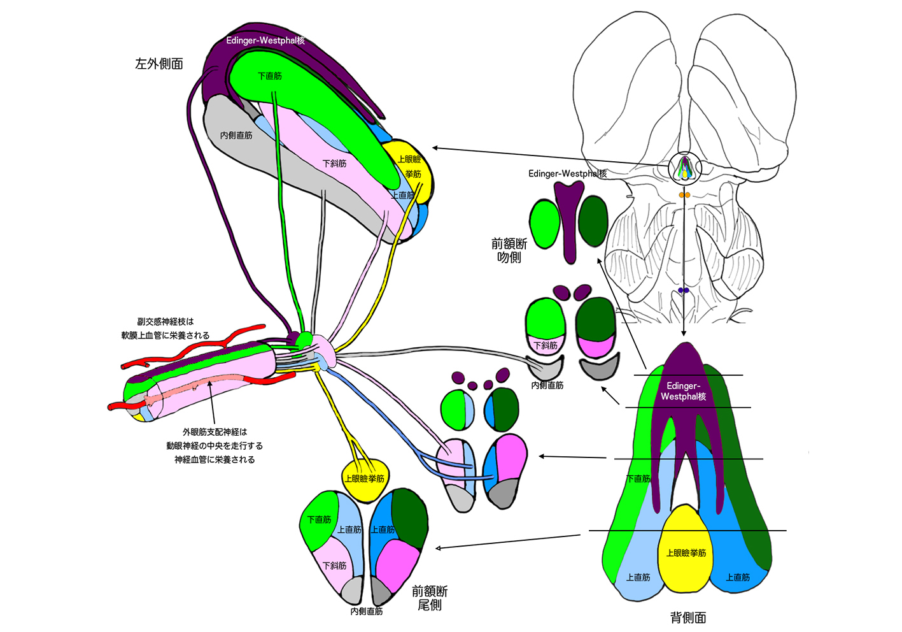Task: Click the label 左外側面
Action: [x=159, y=64]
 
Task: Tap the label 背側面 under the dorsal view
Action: [x=688, y=617]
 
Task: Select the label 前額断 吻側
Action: [x=509, y=250]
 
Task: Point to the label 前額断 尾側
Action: [x=430, y=598]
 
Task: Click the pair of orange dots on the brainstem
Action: [x=684, y=195]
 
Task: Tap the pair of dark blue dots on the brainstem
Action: [x=684, y=291]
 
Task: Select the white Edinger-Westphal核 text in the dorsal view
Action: [x=683, y=391]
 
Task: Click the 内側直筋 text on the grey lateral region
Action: [x=236, y=136]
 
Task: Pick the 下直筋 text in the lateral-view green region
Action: [x=269, y=76]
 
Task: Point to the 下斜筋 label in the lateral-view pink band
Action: [x=334, y=164]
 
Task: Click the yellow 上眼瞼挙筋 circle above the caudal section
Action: [x=364, y=478]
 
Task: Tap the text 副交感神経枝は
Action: [x=166, y=322]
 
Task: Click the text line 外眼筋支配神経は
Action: [x=215, y=432]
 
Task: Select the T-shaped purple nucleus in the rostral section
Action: [x=569, y=220]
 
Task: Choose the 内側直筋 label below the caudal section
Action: [x=367, y=611]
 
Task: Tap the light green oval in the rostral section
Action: [x=544, y=224]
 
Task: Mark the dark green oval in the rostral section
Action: [x=593, y=221]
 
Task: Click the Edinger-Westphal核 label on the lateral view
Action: [x=265, y=41]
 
